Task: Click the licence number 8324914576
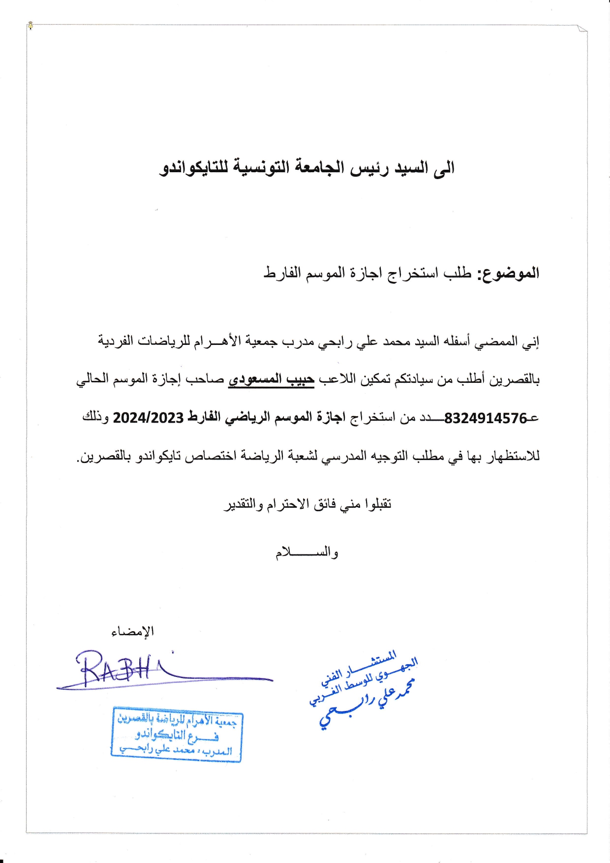[485, 418]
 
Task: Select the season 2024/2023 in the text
[148, 418]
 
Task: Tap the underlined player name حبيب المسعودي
[271, 379]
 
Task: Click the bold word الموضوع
[508, 273]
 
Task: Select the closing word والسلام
[306, 553]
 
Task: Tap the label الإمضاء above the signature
[132, 631]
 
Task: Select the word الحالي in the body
[93, 380]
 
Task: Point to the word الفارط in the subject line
[282, 273]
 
